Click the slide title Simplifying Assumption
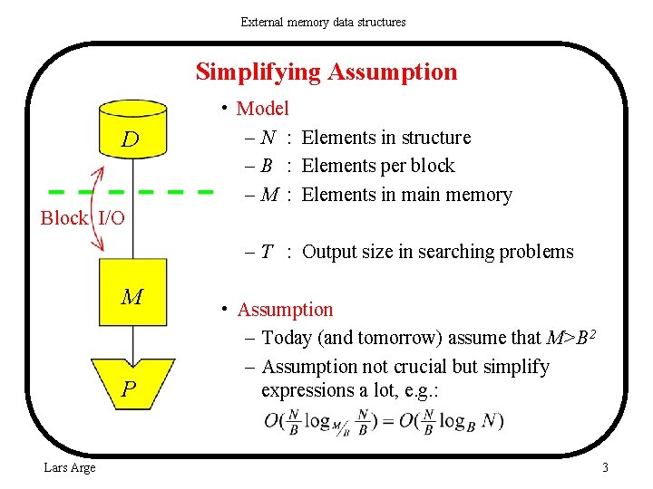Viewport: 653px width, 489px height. pyautogui.click(x=326, y=72)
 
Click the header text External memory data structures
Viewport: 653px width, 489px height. pyautogui.click(x=323, y=21)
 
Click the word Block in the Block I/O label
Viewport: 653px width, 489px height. pyautogui.click(x=63, y=218)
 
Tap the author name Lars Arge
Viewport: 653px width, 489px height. pyautogui.click(x=69, y=467)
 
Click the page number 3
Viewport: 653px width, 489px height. pyautogui.click(x=605, y=467)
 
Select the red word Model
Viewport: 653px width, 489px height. pyautogui.click(x=262, y=109)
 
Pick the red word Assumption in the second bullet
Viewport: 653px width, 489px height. pyautogui.click(x=285, y=310)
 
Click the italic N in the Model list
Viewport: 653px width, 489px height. pyautogui.click(x=268, y=138)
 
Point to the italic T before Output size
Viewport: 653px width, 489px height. pyautogui.click(x=268, y=252)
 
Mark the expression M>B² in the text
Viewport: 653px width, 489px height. pyautogui.click(x=571, y=337)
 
